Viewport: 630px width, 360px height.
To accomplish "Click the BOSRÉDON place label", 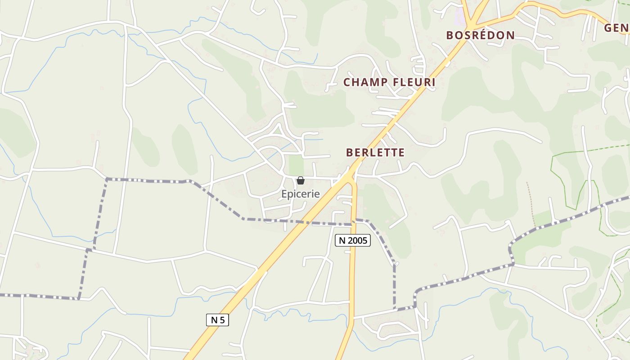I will (x=480, y=36).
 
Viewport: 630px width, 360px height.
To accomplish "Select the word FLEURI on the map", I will (x=414, y=82).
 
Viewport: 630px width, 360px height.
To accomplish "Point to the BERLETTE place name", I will (x=375, y=153).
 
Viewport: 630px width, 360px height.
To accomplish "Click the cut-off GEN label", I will (x=616, y=28).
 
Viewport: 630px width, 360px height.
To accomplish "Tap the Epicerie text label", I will (x=301, y=194).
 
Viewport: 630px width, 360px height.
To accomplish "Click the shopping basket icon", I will (x=301, y=181).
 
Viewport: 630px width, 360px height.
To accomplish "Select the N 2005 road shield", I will (x=353, y=241).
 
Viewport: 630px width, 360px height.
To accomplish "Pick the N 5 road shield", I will (x=217, y=320).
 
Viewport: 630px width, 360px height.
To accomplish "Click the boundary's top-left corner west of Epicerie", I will (x=107, y=179).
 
